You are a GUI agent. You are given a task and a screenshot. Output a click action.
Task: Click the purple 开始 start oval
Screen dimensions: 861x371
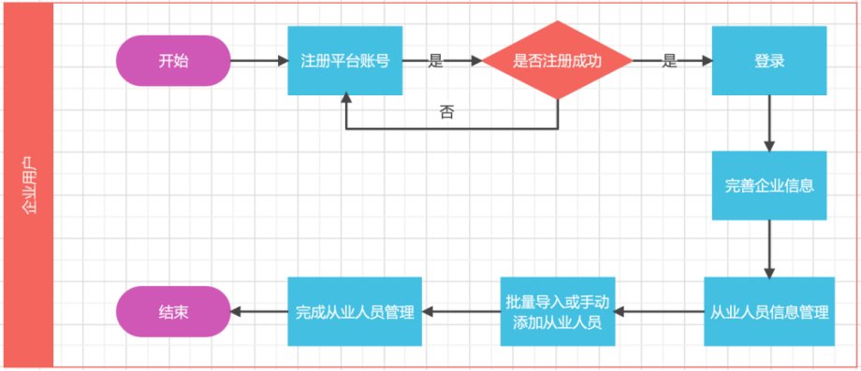173,61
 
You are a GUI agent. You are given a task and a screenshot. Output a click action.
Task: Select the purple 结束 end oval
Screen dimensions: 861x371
173,312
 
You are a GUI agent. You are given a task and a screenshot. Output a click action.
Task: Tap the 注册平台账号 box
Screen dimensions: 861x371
344,61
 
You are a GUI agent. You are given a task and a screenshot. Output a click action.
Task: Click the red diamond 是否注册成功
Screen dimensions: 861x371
558,61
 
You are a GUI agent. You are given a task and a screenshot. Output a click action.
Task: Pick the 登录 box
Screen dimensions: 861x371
769,61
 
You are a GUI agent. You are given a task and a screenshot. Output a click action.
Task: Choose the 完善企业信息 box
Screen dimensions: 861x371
769,186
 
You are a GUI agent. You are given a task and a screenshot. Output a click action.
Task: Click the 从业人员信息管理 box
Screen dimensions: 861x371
769,312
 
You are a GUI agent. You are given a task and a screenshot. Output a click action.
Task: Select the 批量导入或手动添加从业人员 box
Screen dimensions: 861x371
558,312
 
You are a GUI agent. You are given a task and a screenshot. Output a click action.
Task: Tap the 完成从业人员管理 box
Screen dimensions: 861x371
355,312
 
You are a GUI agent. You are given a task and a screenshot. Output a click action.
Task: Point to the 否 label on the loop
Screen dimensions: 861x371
447,113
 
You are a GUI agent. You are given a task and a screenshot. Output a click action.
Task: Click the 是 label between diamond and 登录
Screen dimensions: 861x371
669,62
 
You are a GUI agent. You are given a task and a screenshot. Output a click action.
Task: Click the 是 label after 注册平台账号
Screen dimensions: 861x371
435,62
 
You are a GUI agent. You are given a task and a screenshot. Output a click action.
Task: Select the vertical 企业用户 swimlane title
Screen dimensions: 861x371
29,186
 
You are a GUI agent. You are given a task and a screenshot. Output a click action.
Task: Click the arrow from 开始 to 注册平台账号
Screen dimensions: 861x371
259,61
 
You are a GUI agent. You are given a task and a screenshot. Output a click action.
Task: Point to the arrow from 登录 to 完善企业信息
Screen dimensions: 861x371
769,123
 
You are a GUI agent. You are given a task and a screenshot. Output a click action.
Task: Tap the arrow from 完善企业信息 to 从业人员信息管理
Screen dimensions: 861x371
769,249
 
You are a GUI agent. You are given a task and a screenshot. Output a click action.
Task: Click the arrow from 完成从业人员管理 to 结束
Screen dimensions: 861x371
259,312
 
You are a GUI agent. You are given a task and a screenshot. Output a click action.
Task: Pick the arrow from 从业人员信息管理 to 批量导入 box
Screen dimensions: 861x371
660,312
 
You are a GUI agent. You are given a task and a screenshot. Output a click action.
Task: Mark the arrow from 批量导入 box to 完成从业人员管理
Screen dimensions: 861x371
461,312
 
